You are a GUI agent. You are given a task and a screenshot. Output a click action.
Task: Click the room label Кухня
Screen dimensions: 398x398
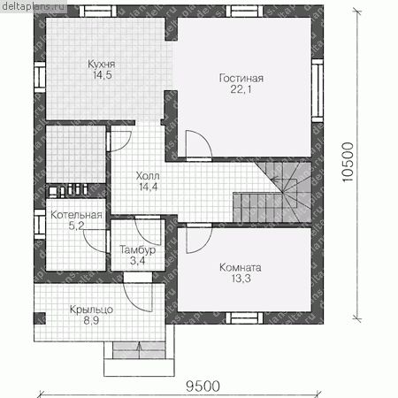pyautogui.click(x=101, y=64)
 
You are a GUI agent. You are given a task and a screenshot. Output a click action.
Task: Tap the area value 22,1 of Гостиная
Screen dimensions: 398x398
pyautogui.click(x=241, y=89)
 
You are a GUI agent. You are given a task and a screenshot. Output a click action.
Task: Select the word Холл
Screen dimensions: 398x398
pyautogui.click(x=148, y=176)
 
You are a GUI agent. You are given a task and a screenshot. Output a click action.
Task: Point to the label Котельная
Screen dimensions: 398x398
pyautogui.click(x=76, y=215)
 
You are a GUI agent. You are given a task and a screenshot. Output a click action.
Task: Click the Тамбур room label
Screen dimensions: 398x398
pyautogui.click(x=137, y=250)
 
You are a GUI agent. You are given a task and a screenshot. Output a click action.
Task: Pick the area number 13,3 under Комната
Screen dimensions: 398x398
pyautogui.click(x=241, y=279)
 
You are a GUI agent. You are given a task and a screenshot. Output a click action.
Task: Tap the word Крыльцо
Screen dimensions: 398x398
pyautogui.click(x=91, y=310)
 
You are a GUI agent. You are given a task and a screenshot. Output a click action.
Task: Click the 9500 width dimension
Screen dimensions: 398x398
pyautogui.click(x=203, y=387)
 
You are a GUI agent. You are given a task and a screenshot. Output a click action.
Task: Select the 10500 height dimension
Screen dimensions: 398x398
pyautogui.click(x=348, y=162)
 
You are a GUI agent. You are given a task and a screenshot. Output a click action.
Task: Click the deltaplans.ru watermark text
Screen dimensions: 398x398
pyautogui.click(x=33, y=6)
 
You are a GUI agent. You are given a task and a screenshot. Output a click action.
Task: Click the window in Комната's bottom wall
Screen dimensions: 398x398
pyautogui.click(x=244, y=318)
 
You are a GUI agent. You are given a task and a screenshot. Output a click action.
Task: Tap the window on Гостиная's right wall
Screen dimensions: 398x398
pyautogui.click(x=318, y=90)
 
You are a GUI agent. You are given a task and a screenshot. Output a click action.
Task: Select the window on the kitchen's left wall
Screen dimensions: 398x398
pyautogui.click(x=40, y=77)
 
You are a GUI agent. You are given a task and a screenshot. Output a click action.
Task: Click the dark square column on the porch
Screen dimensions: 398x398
pyautogui.click(x=39, y=318)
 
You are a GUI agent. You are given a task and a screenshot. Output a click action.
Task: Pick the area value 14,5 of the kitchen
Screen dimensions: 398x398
pyautogui.click(x=103, y=75)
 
